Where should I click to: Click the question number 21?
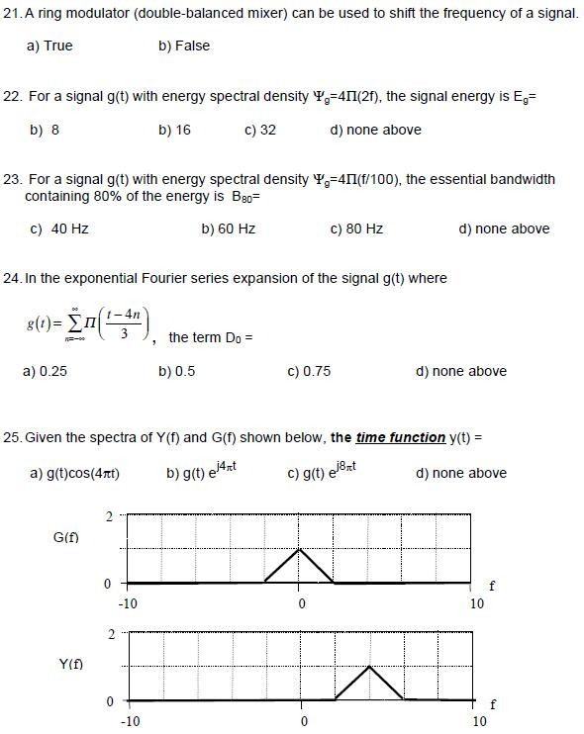pos(13,16)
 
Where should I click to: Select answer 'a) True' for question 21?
pos(50,46)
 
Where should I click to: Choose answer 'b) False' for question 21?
pos(184,46)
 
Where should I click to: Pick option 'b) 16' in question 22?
pos(174,130)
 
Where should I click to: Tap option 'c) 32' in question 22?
pos(259,130)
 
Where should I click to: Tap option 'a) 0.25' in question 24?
pos(45,371)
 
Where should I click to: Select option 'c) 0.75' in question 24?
pos(309,371)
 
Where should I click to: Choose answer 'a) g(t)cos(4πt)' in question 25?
pos(75,473)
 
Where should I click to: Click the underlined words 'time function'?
pos(399,437)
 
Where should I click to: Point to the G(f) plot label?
pos(66,537)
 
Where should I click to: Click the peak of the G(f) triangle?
pos(300,548)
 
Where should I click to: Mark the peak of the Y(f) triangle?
pos(369,667)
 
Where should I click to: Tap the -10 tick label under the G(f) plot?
pos(128,602)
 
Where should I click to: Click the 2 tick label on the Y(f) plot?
pos(111,633)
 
